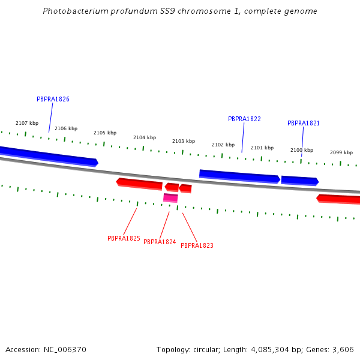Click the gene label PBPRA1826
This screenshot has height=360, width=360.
[x=53, y=99]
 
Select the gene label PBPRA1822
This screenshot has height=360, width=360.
[x=244, y=119]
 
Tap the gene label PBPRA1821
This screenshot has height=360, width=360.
[x=304, y=123]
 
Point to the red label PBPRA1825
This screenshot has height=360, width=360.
[x=124, y=238]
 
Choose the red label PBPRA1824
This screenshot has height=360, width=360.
[x=160, y=242]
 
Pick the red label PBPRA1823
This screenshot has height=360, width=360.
[x=197, y=245]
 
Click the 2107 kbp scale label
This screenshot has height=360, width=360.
[x=27, y=123]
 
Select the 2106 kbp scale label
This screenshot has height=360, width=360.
[x=66, y=128]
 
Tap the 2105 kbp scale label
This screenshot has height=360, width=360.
[x=105, y=133]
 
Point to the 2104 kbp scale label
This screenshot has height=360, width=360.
[x=145, y=137]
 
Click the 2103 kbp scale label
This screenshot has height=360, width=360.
[x=184, y=141]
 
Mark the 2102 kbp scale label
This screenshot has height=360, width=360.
[x=223, y=145]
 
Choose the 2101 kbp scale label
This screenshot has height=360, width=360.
[x=262, y=148]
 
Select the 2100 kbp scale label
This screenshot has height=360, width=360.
[x=302, y=150]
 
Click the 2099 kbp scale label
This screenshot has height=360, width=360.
[x=341, y=152]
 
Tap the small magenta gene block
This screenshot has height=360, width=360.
[x=170, y=197]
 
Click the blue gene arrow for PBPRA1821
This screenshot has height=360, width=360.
[x=299, y=180]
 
